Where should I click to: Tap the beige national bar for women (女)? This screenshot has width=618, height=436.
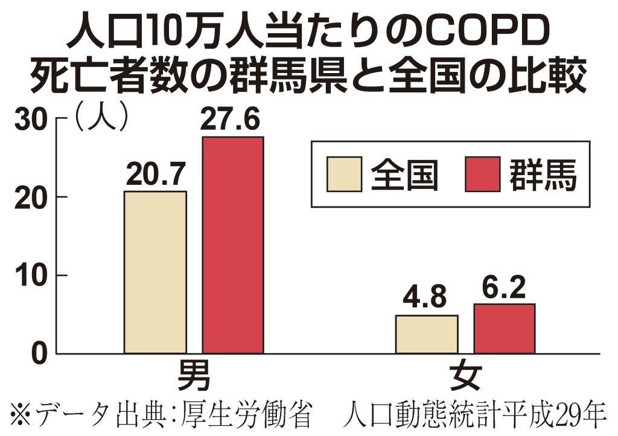(427, 334)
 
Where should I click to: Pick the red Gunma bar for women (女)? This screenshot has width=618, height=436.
(504, 329)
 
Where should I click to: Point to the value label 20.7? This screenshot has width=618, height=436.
(155, 175)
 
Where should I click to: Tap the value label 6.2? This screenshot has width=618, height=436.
(504, 288)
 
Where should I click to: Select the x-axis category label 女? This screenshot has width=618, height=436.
(465, 375)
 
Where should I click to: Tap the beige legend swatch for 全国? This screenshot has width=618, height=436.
(344, 174)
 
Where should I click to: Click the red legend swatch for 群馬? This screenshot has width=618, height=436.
(482, 174)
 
